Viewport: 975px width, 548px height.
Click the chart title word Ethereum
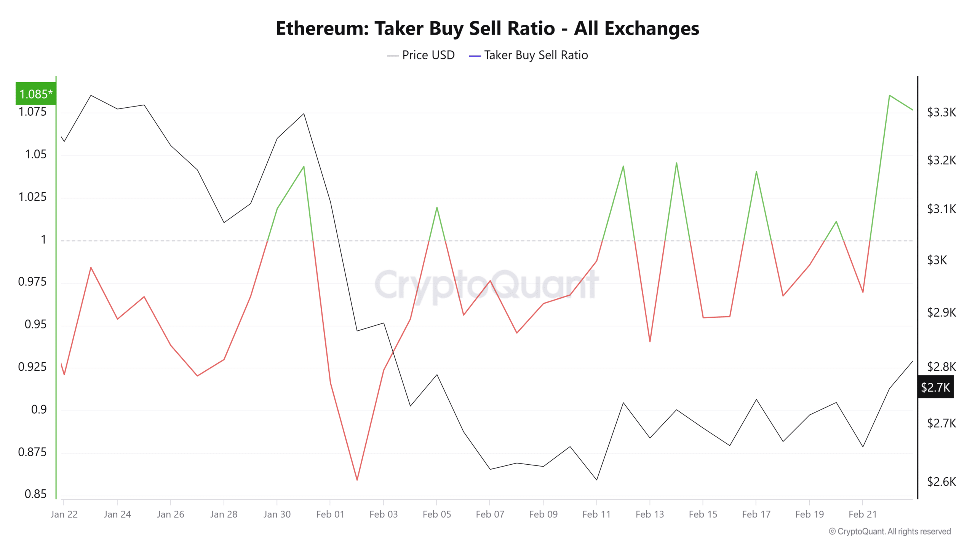point(322,29)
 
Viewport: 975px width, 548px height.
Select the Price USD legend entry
point(421,55)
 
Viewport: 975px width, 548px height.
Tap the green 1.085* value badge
point(36,94)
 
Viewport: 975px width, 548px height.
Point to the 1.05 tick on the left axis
point(35,154)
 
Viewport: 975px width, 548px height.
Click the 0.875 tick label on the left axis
point(32,452)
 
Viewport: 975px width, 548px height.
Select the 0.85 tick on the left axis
point(35,494)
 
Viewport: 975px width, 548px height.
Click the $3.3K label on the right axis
point(941,112)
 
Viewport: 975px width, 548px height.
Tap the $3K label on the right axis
point(937,260)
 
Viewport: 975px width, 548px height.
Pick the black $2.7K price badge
point(935,387)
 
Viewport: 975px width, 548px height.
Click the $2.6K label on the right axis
point(941,482)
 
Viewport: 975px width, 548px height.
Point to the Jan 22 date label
point(64,515)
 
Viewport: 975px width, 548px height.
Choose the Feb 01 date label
point(330,515)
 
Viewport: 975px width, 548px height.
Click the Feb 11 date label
point(596,515)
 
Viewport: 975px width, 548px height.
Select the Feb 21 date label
point(862,515)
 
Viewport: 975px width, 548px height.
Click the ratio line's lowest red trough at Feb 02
point(357,480)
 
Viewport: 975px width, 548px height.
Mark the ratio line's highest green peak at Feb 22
point(889,95)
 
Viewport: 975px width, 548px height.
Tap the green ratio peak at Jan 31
point(304,166)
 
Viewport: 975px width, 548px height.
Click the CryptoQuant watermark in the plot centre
point(486,285)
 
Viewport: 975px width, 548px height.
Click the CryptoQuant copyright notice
point(890,531)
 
